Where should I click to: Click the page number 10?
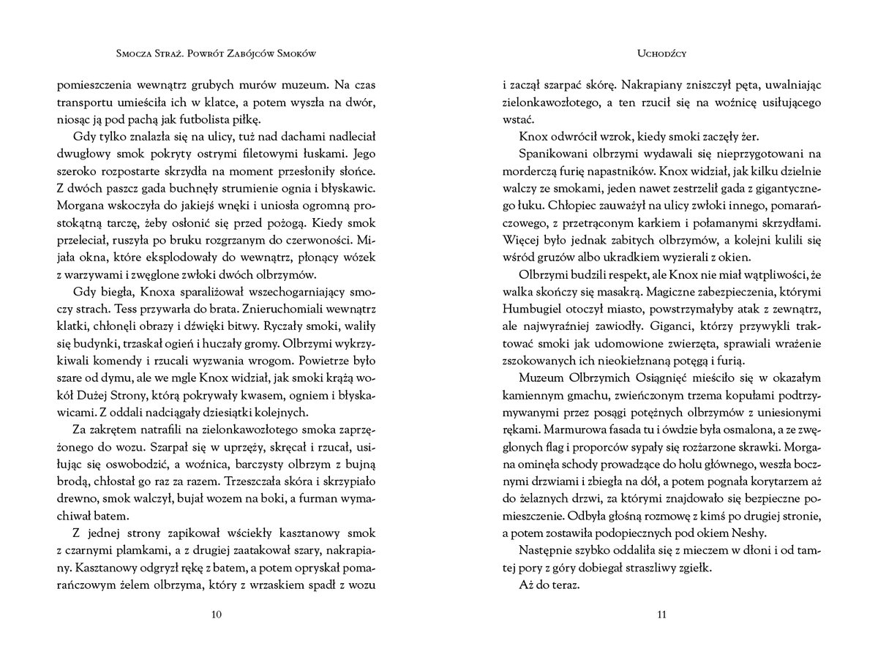[x=216, y=614]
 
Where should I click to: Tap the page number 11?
[x=661, y=614]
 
